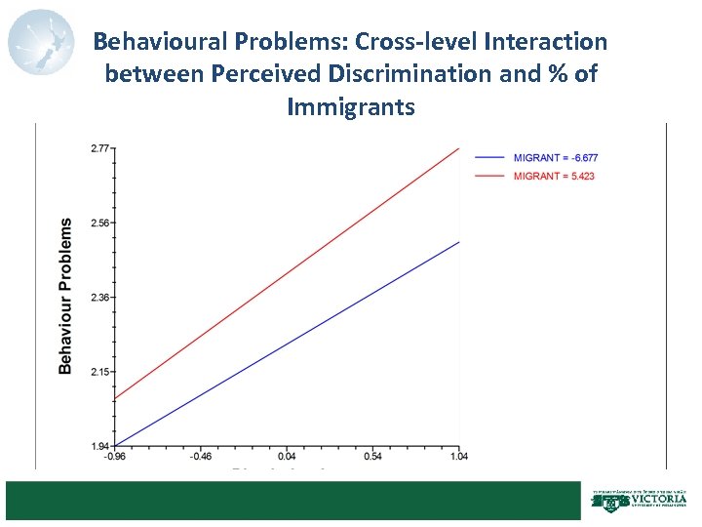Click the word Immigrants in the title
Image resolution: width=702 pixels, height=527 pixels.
351,105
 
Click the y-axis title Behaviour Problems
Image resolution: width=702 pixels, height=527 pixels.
65,296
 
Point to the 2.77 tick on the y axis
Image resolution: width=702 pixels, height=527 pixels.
99,148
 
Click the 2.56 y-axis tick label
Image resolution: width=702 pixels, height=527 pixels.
99,223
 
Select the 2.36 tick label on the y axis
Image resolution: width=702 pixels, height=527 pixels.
99,297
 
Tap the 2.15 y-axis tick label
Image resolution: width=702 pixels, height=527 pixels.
99,372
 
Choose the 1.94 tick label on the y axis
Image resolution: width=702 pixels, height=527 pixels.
99,446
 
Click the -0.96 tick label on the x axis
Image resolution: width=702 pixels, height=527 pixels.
116,456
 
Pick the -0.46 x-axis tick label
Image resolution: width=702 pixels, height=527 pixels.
202,456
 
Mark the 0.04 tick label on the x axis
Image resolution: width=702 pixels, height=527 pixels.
288,456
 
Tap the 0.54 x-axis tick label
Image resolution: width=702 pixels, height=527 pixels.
373,456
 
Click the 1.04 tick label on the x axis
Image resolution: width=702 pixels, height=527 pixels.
458,456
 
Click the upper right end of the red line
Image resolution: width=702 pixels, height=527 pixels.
457,149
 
